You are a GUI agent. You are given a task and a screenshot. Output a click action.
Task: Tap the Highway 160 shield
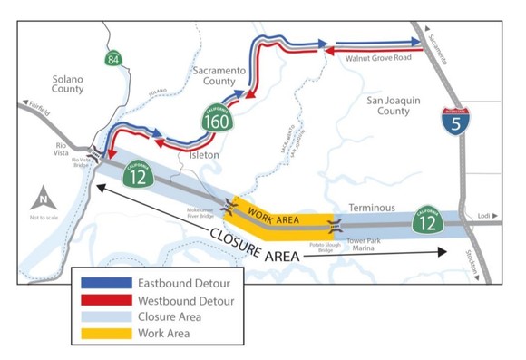[x=218, y=117]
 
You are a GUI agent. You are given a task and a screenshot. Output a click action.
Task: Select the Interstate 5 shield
[x=455, y=122]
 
